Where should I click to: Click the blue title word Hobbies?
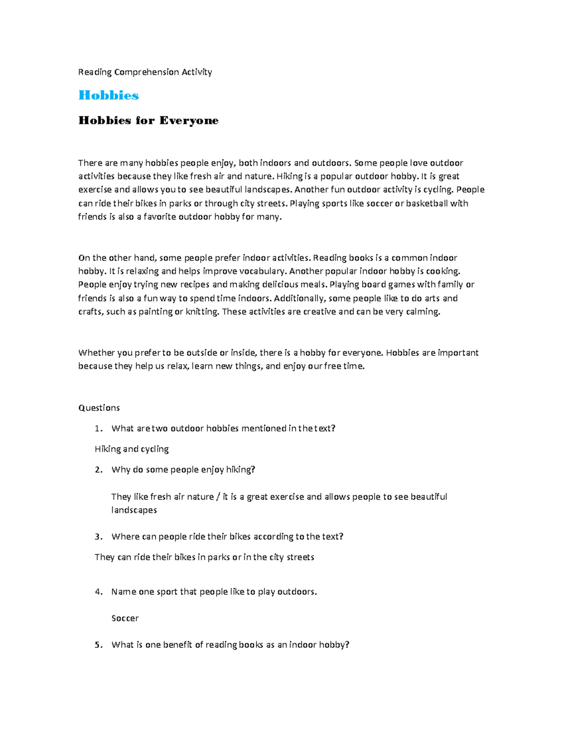pos(109,95)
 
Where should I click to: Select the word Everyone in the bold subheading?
pos(189,121)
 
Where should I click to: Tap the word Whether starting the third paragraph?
pos(96,353)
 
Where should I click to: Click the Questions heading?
pos(99,408)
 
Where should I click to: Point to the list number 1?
pos(98,428)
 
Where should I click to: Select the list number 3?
pos(98,536)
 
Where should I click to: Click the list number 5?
pos(98,645)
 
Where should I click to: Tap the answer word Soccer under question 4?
pos(125,618)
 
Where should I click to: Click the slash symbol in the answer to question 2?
pos(218,497)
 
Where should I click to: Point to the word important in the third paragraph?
pos(458,353)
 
